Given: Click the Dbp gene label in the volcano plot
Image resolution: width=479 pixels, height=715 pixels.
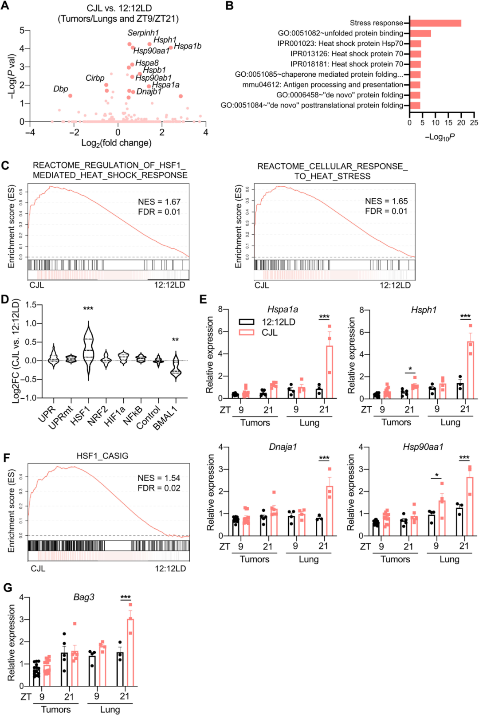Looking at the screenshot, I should pyautogui.click(x=61, y=89).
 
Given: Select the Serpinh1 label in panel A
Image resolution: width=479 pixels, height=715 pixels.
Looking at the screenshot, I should pyautogui.click(x=143, y=33).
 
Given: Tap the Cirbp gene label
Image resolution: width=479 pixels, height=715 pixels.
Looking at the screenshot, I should pyautogui.click(x=95, y=78).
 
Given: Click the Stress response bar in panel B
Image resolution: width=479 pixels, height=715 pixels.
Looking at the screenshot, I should pyautogui.click(x=435, y=23).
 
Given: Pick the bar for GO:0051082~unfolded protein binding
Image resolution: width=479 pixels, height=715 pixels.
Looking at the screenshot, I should pyautogui.click(x=420, y=33).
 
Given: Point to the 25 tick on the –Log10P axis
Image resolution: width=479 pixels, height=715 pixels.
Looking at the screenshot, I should pyautogui.click(x=474, y=122).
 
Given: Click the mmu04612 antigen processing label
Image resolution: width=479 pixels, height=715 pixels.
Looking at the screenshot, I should pyautogui.click(x=322, y=85).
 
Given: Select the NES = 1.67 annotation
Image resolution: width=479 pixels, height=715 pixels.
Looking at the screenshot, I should pyautogui.click(x=159, y=202).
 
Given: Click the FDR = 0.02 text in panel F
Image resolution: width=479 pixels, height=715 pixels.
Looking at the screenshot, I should pyautogui.click(x=159, y=488).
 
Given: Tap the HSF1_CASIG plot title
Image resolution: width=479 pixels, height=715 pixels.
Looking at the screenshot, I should pyautogui.click(x=102, y=456).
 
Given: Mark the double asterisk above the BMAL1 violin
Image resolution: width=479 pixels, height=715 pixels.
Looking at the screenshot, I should pyautogui.click(x=175, y=340).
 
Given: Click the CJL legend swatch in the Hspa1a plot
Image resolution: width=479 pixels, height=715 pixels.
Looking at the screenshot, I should pyautogui.click(x=247, y=332).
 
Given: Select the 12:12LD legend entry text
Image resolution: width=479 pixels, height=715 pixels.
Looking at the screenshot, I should pyautogui.click(x=278, y=322).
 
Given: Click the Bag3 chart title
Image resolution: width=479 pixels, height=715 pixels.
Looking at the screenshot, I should pyautogui.click(x=84, y=597).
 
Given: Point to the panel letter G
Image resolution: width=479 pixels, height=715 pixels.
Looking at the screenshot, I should pyautogui.click(x=7, y=588).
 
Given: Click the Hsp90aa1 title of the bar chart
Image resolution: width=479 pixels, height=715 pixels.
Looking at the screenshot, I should pyautogui.click(x=423, y=447).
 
